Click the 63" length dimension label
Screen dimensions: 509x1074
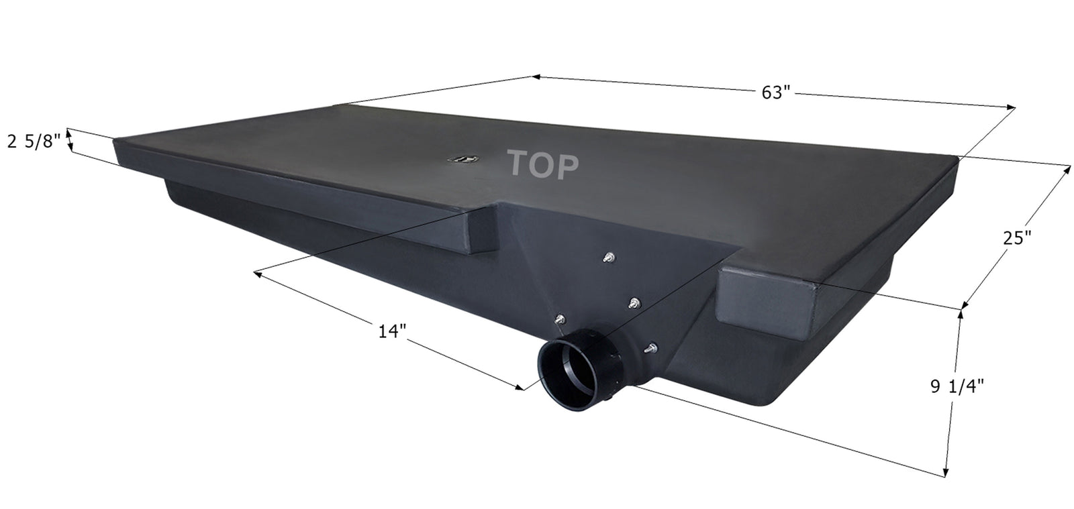coord(776,93)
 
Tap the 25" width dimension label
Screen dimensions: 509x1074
coord(1016,237)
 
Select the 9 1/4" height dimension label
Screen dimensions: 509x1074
coord(957,386)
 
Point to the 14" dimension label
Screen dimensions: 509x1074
coord(393,331)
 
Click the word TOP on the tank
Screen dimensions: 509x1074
coord(542,165)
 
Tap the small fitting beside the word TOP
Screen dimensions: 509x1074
coord(462,159)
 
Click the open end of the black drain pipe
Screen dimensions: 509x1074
coord(567,368)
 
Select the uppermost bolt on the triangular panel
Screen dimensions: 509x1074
coord(608,258)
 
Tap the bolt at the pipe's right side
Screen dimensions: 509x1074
coord(649,348)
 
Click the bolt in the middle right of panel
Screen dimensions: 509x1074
coord(633,304)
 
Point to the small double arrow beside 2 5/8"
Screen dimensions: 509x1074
coord(70,141)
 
